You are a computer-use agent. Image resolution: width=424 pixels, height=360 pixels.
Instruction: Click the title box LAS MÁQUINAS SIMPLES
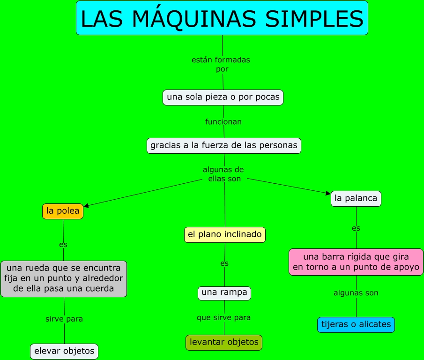tap(222, 18)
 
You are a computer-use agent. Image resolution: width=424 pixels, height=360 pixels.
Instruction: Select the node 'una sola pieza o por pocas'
tap(223, 97)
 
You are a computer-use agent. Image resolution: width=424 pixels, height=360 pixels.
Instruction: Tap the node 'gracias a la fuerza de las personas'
tap(223, 145)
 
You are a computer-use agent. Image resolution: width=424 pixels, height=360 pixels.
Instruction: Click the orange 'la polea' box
tap(63, 211)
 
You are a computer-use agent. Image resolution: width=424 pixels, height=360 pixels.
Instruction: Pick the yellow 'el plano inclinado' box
tap(224, 234)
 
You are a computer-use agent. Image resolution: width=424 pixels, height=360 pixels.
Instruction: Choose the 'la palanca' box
tap(356, 198)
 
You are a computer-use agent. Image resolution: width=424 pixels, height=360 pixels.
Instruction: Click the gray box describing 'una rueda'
tap(64, 278)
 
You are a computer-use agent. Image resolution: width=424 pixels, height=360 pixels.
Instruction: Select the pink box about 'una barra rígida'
tap(356, 262)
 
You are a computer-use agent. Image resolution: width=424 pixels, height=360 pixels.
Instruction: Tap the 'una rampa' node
tap(224, 293)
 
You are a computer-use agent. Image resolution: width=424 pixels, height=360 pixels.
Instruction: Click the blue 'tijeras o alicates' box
tap(356, 324)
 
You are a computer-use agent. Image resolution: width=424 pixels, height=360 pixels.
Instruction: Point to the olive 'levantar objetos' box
tap(224, 342)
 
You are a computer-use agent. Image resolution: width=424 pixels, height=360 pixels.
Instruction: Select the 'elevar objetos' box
tap(64, 351)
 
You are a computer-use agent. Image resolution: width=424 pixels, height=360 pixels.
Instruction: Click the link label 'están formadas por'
tap(221, 64)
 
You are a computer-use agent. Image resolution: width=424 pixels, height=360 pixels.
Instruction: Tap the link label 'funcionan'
tap(223, 122)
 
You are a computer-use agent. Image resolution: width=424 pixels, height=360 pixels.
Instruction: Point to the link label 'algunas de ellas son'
tap(223, 174)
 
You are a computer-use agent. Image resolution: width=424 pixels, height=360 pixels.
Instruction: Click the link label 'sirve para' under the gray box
tap(64, 319)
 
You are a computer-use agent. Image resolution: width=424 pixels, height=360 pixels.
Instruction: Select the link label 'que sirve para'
tap(223, 317)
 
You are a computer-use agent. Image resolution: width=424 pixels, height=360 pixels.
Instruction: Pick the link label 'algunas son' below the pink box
tap(356, 293)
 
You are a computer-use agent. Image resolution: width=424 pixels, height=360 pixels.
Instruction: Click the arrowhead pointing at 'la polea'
tap(86, 205)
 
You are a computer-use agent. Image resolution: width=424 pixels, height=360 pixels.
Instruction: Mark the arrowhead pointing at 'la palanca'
tap(328, 193)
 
